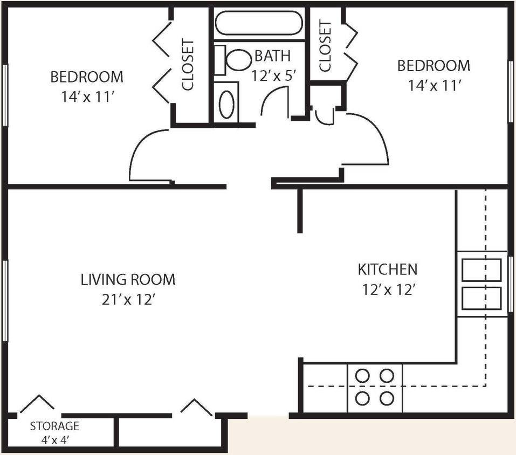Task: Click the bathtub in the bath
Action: (258, 23)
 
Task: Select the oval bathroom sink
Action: (227, 105)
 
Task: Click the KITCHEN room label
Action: (387, 269)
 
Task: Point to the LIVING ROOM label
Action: (128, 280)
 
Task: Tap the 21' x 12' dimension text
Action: (128, 300)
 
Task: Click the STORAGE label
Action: (54, 426)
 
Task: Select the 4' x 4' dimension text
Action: (54, 439)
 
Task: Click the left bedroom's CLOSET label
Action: (188, 65)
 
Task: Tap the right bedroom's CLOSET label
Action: (326, 46)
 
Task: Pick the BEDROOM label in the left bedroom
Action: (87, 77)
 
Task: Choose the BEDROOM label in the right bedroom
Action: (434, 66)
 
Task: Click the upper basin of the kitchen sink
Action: (481, 270)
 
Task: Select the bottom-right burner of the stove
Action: (386, 398)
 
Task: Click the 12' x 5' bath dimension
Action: (274, 74)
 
